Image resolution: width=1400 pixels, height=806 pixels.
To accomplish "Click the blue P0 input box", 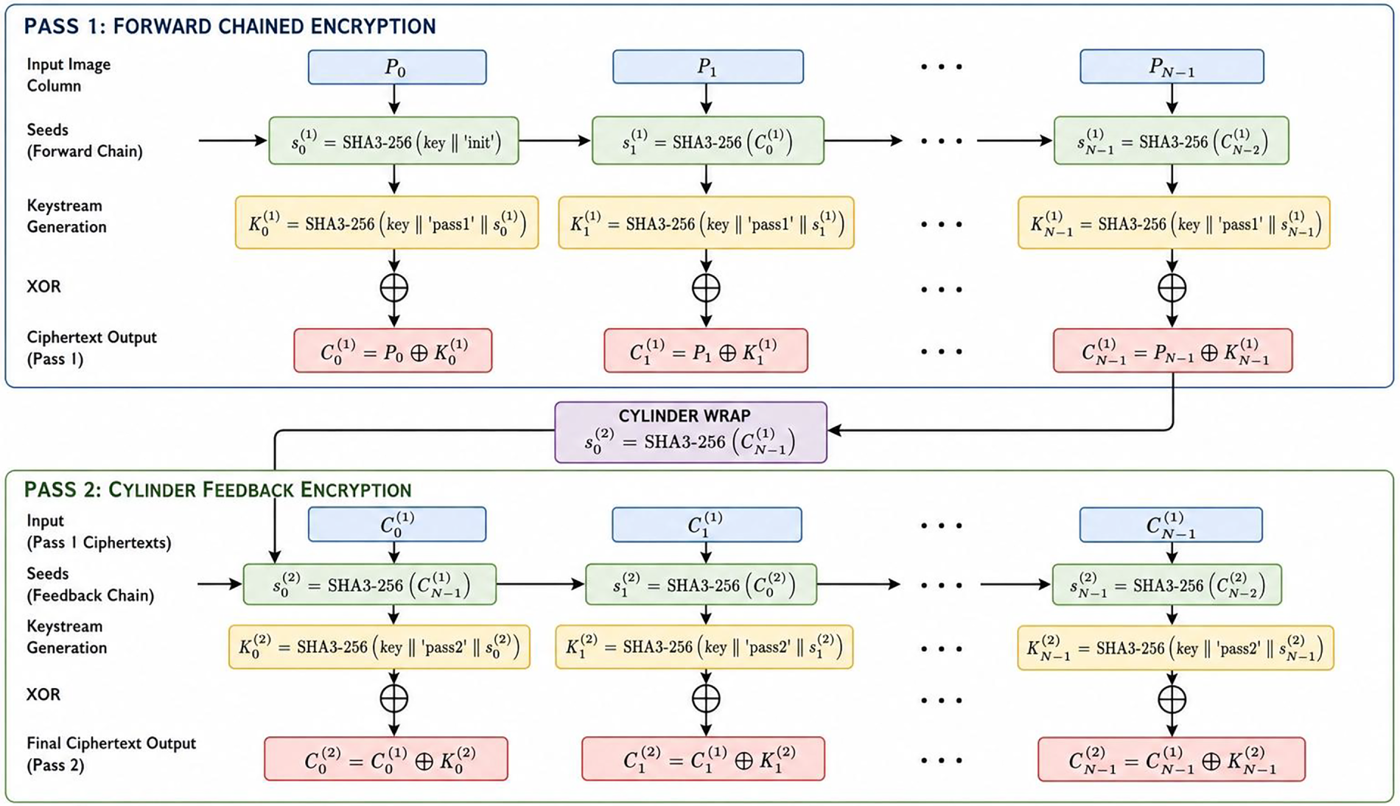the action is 397,67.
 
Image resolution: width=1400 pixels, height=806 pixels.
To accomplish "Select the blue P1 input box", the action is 708,67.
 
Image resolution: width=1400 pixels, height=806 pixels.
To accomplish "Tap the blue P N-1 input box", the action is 1172,67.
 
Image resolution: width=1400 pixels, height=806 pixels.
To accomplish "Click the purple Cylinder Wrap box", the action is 690,432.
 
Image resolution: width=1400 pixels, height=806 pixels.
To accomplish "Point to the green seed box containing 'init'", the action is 393,141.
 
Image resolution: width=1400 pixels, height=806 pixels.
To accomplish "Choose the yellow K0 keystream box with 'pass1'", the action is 387,222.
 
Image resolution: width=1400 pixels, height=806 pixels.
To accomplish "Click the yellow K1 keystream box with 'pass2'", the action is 704,647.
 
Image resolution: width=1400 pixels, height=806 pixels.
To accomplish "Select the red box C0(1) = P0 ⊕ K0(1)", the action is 393,351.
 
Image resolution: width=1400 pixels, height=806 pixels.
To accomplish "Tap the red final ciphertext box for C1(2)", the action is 703,759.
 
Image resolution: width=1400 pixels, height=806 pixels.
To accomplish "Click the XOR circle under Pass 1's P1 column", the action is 706,288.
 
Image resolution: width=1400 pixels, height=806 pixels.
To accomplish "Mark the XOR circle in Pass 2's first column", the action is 394,698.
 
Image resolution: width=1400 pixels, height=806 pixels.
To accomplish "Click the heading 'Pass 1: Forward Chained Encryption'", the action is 230,27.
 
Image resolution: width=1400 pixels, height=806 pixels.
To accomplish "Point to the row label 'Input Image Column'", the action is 69,75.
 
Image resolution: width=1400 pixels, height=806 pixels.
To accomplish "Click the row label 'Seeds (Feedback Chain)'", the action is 90,584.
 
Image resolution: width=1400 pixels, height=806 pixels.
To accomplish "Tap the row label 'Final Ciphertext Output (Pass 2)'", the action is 111,754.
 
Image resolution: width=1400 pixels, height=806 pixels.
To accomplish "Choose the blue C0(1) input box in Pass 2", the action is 397,525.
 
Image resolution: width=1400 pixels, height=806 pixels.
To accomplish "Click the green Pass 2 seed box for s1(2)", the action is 701,585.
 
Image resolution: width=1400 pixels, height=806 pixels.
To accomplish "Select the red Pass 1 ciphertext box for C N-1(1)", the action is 1172,351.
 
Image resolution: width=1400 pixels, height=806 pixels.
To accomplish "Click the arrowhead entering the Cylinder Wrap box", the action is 834,430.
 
